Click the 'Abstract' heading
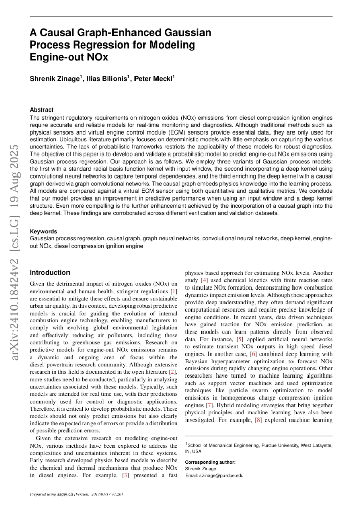pyautogui.click(x=41, y=109)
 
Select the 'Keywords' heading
pyautogui.click(x=43, y=232)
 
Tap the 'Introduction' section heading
pyautogui.click(x=50, y=273)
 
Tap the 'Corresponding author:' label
pyautogui.click(x=210, y=462)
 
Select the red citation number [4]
pyautogui.click(x=204, y=280)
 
